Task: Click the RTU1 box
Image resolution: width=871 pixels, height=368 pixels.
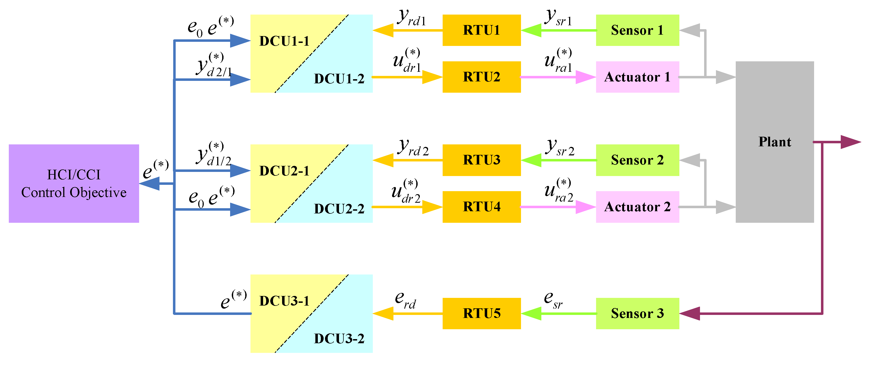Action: tap(481, 30)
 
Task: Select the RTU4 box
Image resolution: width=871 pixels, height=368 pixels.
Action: tap(481, 207)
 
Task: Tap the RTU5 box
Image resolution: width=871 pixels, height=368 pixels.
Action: tap(481, 313)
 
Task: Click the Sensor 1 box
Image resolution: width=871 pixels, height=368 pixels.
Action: tap(637, 30)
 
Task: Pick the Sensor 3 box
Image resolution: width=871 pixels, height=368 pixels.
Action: tap(637, 313)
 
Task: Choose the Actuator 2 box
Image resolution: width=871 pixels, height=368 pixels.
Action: tap(637, 207)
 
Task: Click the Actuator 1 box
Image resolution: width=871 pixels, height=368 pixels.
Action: tap(637, 77)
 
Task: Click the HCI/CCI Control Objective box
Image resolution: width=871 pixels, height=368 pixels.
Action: tap(74, 183)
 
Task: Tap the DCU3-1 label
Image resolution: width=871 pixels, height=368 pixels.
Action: tap(284, 301)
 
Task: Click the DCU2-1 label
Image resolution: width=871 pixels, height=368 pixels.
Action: tap(284, 171)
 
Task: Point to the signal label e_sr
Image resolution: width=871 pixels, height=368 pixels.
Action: tap(553, 300)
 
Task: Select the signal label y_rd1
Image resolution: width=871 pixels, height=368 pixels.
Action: tap(411, 18)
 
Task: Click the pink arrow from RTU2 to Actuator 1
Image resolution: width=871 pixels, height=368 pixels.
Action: tap(558, 77)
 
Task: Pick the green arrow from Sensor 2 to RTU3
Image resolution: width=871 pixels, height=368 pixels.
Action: tap(558, 160)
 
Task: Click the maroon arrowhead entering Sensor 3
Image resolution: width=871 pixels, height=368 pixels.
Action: tap(690, 314)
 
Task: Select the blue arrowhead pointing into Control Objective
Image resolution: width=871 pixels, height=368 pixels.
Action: tap(150, 184)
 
